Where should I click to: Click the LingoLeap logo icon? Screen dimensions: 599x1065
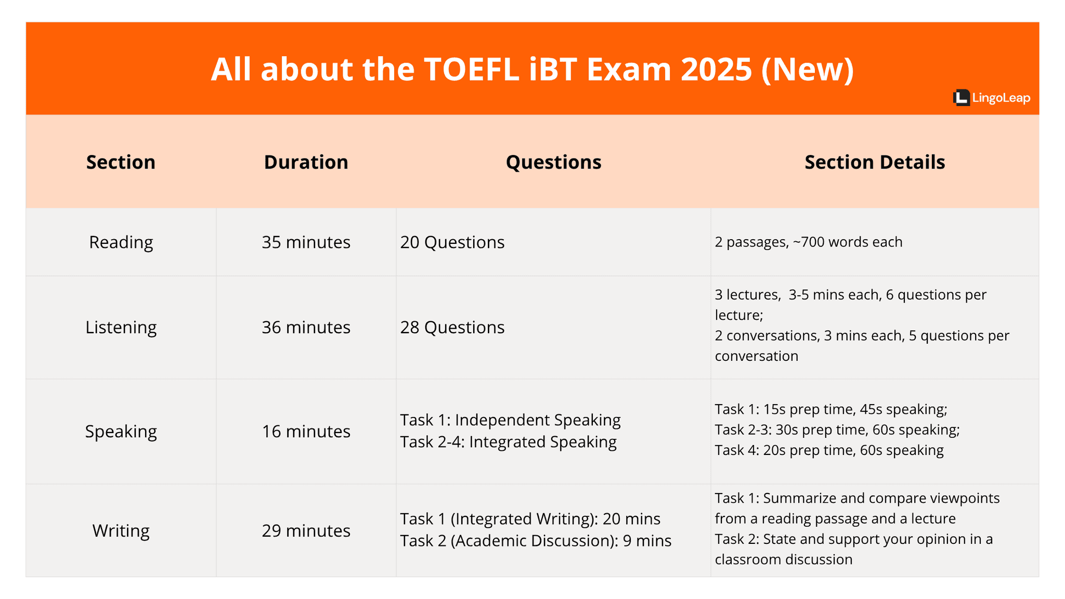click(x=961, y=98)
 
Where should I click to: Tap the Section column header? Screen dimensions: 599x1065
click(x=121, y=162)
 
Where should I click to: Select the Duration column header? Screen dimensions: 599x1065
click(x=306, y=162)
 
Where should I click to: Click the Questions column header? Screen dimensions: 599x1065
click(x=553, y=162)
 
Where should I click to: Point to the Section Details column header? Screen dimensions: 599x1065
click(x=874, y=162)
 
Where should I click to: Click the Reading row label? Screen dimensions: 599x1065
click(x=121, y=242)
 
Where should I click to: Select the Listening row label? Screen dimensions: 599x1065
click(x=121, y=327)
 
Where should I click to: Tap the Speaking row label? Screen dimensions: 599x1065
click(x=121, y=432)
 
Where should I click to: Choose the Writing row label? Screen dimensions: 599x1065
click(x=121, y=530)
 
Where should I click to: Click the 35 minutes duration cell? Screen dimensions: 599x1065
click(x=306, y=242)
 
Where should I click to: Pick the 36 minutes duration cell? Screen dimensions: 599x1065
click(x=306, y=327)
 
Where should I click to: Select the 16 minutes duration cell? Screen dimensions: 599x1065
click(x=306, y=432)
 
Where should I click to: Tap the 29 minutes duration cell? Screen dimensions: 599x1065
click(x=306, y=530)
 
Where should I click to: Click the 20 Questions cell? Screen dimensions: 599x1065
click(x=452, y=242)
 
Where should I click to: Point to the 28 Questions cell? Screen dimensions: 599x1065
click(x=452, y=327)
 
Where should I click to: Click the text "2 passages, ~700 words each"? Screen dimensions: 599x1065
click(x=808, y=242)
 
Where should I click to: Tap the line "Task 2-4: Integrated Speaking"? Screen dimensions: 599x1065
click(x=508, y=442)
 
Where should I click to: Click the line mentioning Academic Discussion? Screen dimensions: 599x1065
click(x=536, y=541)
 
